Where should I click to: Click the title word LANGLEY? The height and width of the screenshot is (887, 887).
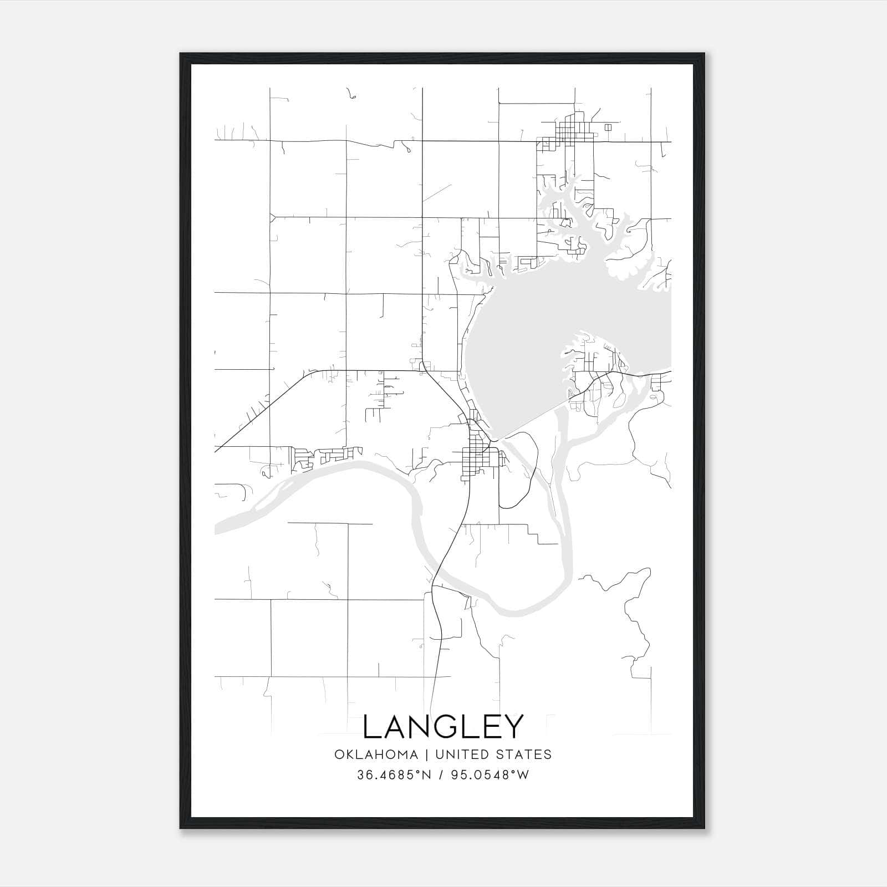443,727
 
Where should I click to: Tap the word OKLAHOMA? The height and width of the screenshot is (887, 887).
376,754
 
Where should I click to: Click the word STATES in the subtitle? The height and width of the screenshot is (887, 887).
523,754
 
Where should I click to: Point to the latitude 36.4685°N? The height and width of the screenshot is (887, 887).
393,775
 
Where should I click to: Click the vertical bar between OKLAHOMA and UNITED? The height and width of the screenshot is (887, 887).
427,754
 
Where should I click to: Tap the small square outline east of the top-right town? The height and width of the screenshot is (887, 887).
608,127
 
